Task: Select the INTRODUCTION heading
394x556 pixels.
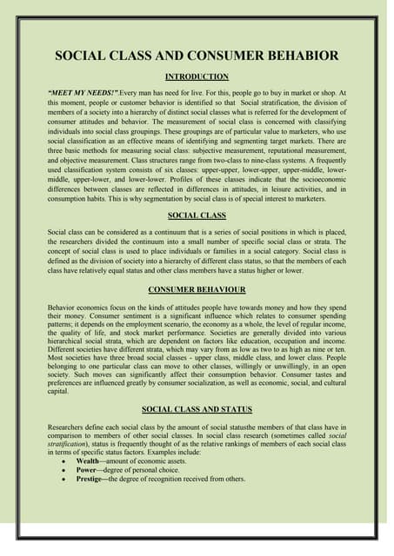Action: point(197,76)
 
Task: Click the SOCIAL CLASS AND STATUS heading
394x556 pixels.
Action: point(197,407)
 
